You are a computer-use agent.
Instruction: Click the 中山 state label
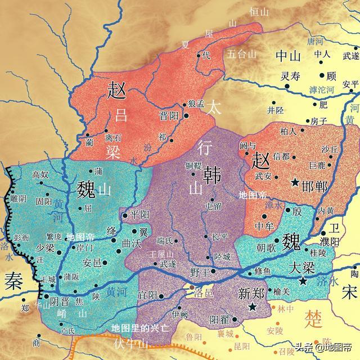point(289,55)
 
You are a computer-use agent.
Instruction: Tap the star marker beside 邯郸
point(295,182)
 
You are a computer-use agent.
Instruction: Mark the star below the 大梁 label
point(304,281)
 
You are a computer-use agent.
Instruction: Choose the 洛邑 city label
point(202,294)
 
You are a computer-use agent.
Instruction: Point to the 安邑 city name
point(92,262)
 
